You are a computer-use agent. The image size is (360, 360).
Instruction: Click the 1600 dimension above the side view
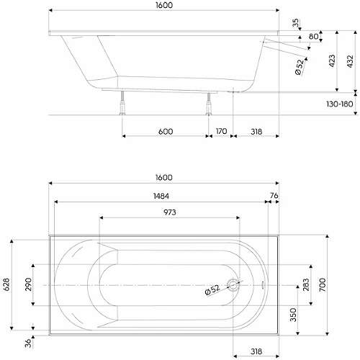coord(164,5)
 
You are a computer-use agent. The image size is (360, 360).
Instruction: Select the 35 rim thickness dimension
coord(296,23)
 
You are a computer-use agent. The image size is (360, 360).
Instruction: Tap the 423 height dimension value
coord(332,61)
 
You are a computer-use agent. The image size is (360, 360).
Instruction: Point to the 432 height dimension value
coord(350,61)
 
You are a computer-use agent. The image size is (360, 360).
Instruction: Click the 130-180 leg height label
coord(339,104)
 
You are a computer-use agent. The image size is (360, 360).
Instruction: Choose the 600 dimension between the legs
coord(166,132)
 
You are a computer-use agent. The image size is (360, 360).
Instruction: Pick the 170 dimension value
coord(221,131)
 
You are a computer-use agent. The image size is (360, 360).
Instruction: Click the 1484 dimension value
coord(161,196)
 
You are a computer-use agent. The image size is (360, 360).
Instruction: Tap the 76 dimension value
coord(274,196)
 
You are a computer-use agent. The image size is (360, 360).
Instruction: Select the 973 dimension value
coord(170,212)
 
